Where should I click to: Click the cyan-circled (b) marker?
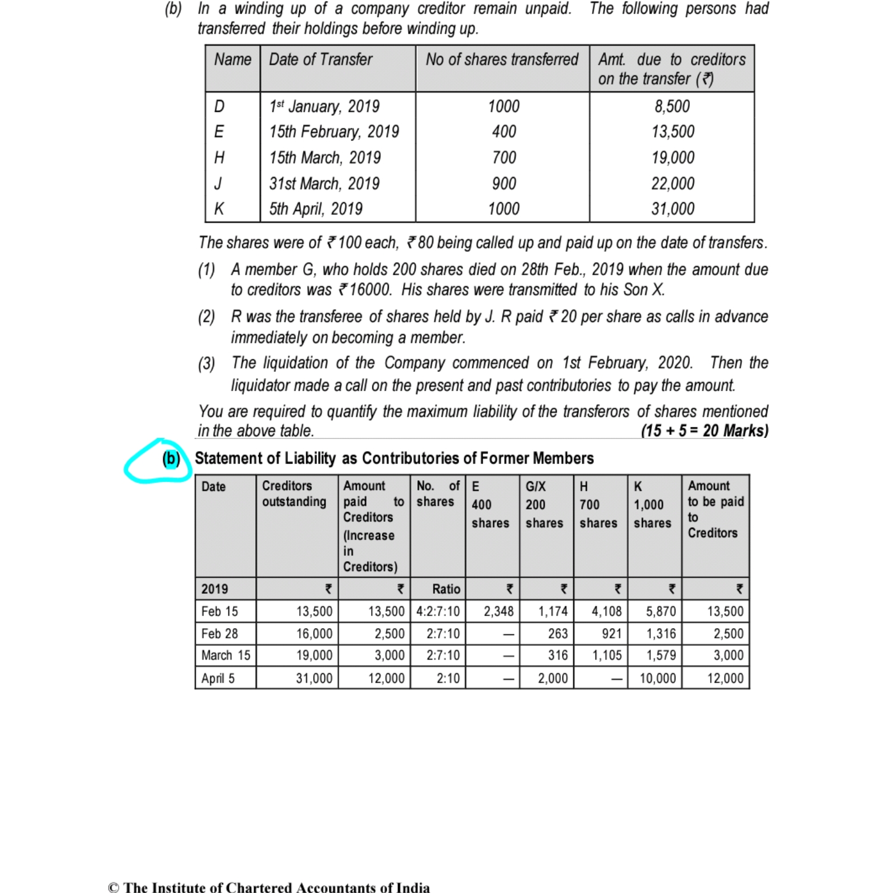tap(170, 459)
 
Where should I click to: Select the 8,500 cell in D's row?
tap(671, 106)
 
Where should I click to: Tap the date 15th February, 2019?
tap(334, 132)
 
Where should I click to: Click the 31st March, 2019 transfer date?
tap(324, 183)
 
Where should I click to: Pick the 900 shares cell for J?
tap(504, 183)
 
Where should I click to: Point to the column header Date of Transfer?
tap(320, 59)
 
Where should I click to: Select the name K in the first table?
tap(219, 209)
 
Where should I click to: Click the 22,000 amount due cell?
tap(673, 183)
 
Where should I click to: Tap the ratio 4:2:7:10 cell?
tap(438, 612)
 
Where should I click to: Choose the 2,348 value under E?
tap(498, 612)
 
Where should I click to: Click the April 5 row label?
tap(218, 678)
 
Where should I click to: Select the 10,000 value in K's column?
tap(657, 678)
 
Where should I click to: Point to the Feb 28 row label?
tap(219, 634)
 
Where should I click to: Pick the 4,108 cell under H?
tap(606, 612)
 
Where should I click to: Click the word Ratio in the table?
tap(446, 589)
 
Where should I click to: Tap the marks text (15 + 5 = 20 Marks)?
tap(705, 431)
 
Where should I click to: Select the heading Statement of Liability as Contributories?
tap(394, 458)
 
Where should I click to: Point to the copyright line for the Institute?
tap(269, 887)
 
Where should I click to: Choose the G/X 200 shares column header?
tap(544, 504)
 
